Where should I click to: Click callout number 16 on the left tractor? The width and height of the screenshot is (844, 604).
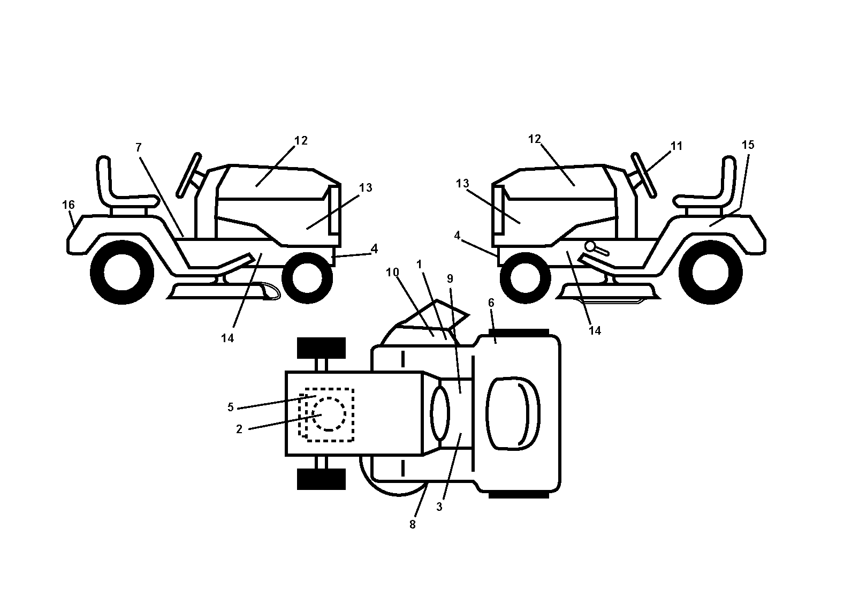[69, 205]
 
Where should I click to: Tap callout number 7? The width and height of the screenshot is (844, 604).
[139, 147]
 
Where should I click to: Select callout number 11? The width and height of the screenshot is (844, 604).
[676, 146]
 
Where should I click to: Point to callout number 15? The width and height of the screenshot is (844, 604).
[748, 145]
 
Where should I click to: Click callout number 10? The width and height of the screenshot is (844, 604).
[393, 272]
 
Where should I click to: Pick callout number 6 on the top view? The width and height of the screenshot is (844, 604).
[491, 303]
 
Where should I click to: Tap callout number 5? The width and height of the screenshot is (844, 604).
[231, 407]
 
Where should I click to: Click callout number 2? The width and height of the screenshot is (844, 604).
[239, 429]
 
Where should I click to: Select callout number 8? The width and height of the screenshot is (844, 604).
[413, 524]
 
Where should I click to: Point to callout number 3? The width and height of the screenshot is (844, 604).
[439, 507]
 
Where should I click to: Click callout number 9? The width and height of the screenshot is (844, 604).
[450, 278]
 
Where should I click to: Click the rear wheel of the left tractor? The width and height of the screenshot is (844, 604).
[122, 273]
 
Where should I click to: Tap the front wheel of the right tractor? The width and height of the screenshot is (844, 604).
[520, 278]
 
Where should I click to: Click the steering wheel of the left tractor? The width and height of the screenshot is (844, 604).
[189, 175]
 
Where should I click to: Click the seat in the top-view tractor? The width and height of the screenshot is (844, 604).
[513, 413]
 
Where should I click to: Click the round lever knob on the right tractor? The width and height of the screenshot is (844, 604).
[590, 246]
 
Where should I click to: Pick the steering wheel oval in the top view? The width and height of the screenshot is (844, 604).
[440, 413]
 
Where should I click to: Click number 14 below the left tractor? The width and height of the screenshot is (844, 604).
[227, 338]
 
